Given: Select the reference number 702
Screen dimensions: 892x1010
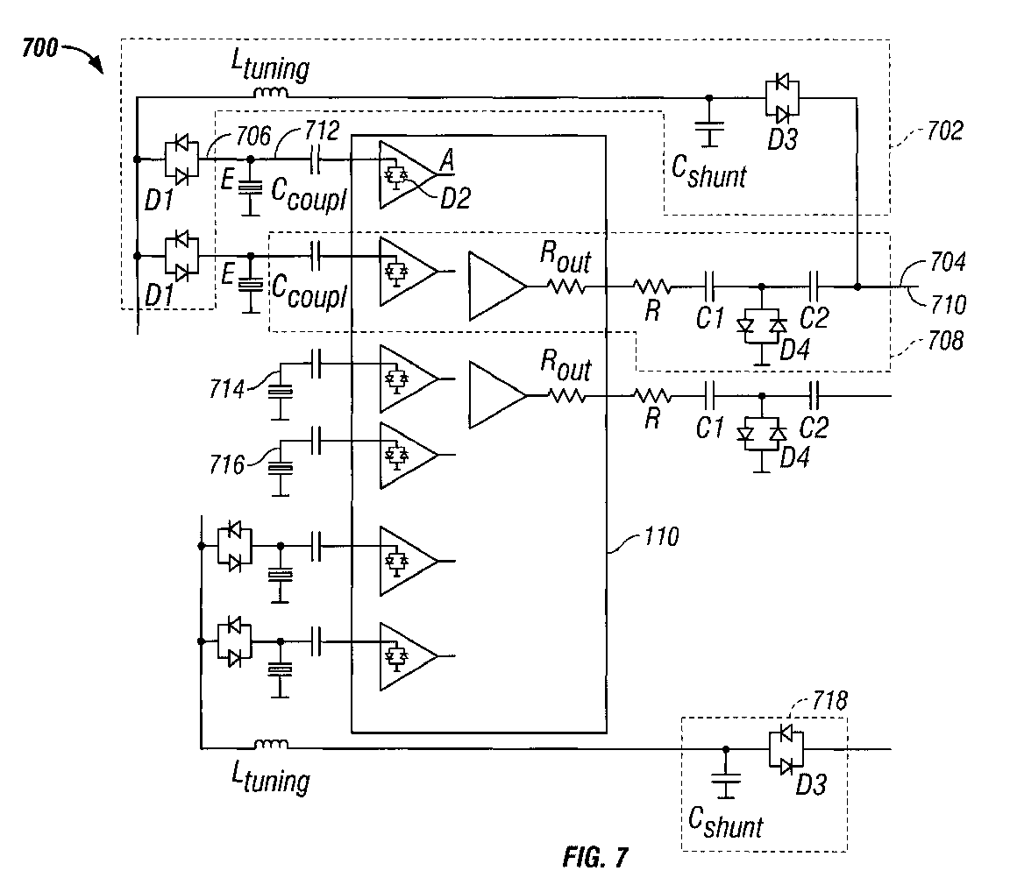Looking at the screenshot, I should [945, 132].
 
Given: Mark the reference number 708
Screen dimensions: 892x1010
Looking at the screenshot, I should [945, 339].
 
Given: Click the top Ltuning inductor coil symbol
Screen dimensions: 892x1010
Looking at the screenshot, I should [270, 93].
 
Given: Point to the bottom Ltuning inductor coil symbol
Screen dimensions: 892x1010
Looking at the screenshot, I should [271, 747].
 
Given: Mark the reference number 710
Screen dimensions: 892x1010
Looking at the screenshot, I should [950, 304].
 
